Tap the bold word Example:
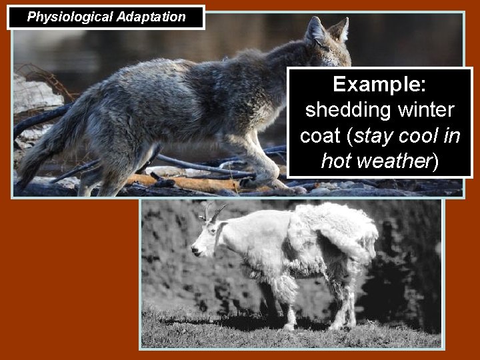coord(381,85)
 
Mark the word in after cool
coord(454,135)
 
